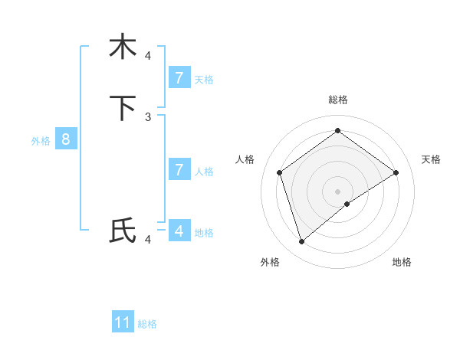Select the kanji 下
pyautogui.click(x=123, y=108)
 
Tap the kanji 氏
pyautogui.click(x=123, y=231)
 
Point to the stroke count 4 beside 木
pyautogui.click(x=148, y=55)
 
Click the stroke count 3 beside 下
pyautogui.click(x=148, y=116)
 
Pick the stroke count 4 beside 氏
pyautogui.click(x=148, y=240)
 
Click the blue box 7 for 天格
pyautogui.click(x=179, y=77)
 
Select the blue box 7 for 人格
pyautogui.click(x=179, y=170)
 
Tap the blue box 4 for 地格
pyautogui.click(x=179, y=231)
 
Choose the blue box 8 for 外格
pyautogui.click(x=66, y=139)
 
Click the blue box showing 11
pyautogui.click(x=123, y=322)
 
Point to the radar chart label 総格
pyautogui.click(x=337, y=100)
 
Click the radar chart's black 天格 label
pyautogui.click(x=431, y=159)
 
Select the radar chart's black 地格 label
pyautogui.click(x=402, y=262)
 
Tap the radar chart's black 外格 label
pyautogui.click(x=270, y=262)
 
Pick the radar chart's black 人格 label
pyautogui.click(x=245, y=159)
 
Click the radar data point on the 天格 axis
pyautogui.click(x=396, y=172)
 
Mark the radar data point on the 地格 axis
pyautogui.click(x=347, y=204)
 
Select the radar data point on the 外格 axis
pyautogui.click(x=302, y=242)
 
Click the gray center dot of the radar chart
pyautogui.click(x=337, y=191)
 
